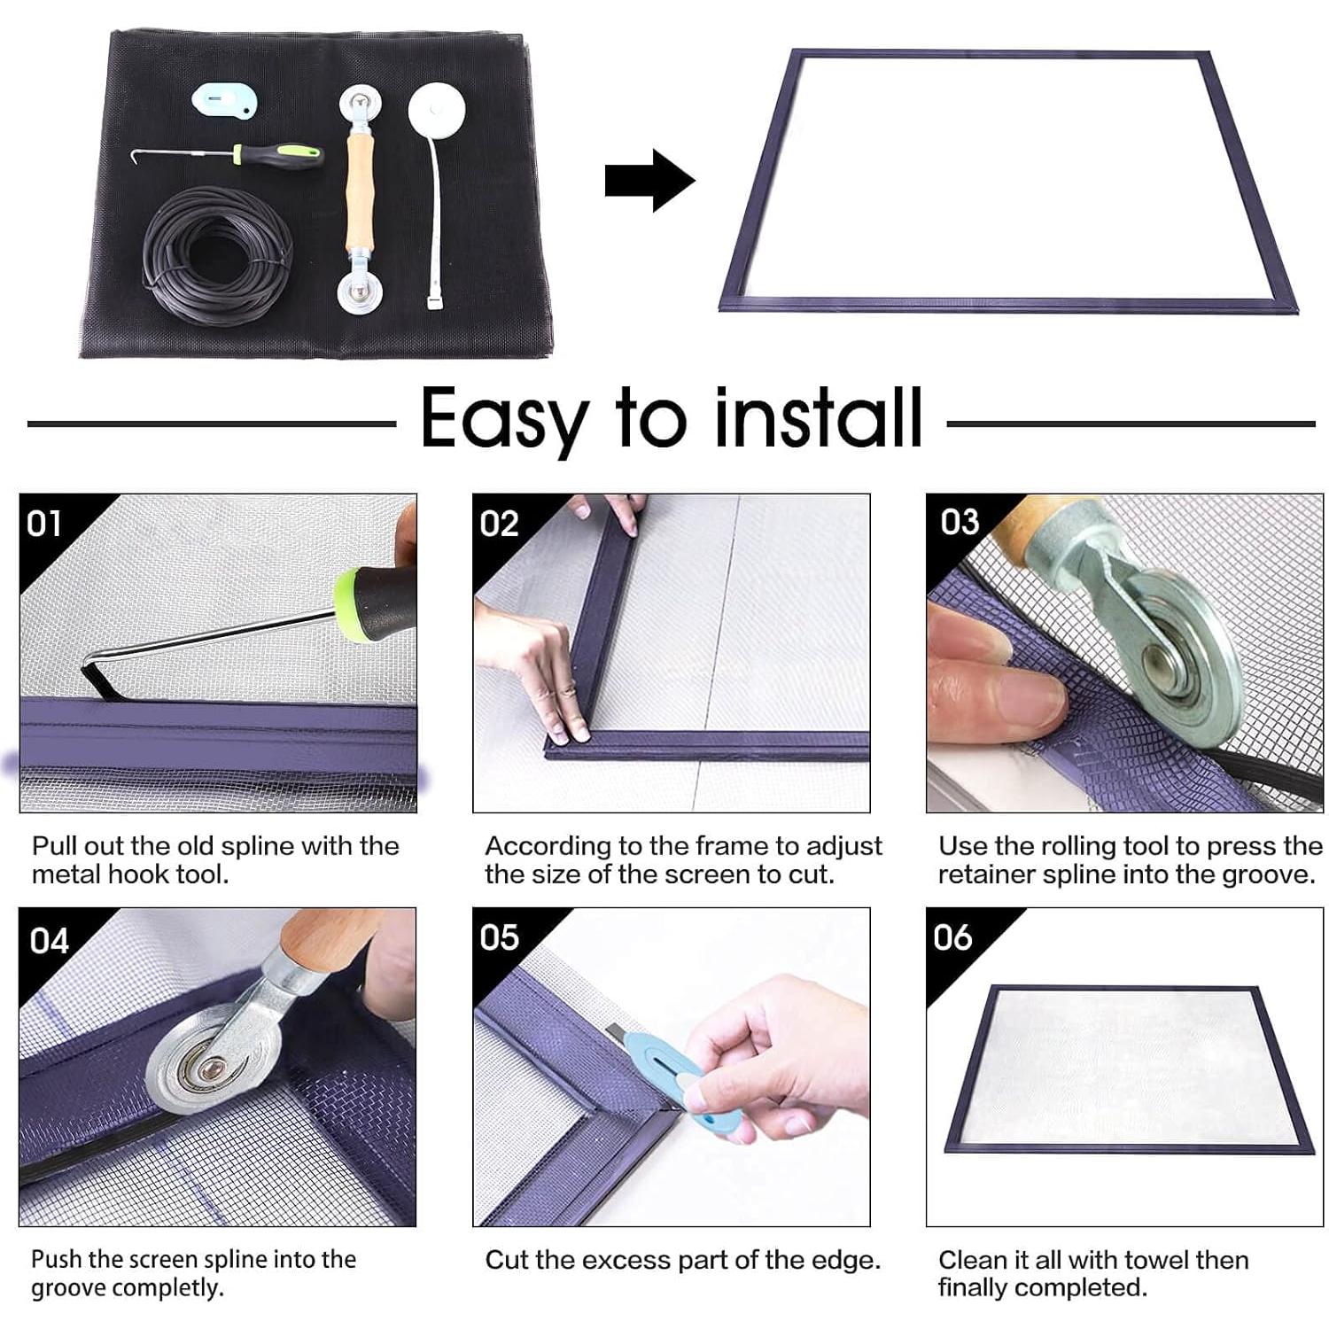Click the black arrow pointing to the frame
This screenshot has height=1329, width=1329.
(x=649, y=181)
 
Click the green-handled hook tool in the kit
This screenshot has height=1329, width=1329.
(x=229, y=157)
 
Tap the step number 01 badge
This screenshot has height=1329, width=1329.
(x=44, y=524)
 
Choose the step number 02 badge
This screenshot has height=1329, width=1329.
(x=499, y=524)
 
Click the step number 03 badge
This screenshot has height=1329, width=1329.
(x=960, y=522)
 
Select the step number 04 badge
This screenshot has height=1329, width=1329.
(x=49, y=939)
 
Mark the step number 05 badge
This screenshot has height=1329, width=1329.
(x=499, y=937)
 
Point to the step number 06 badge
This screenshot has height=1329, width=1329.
(x=952, y=937)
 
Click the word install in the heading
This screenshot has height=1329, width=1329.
(x=820, y=417)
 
